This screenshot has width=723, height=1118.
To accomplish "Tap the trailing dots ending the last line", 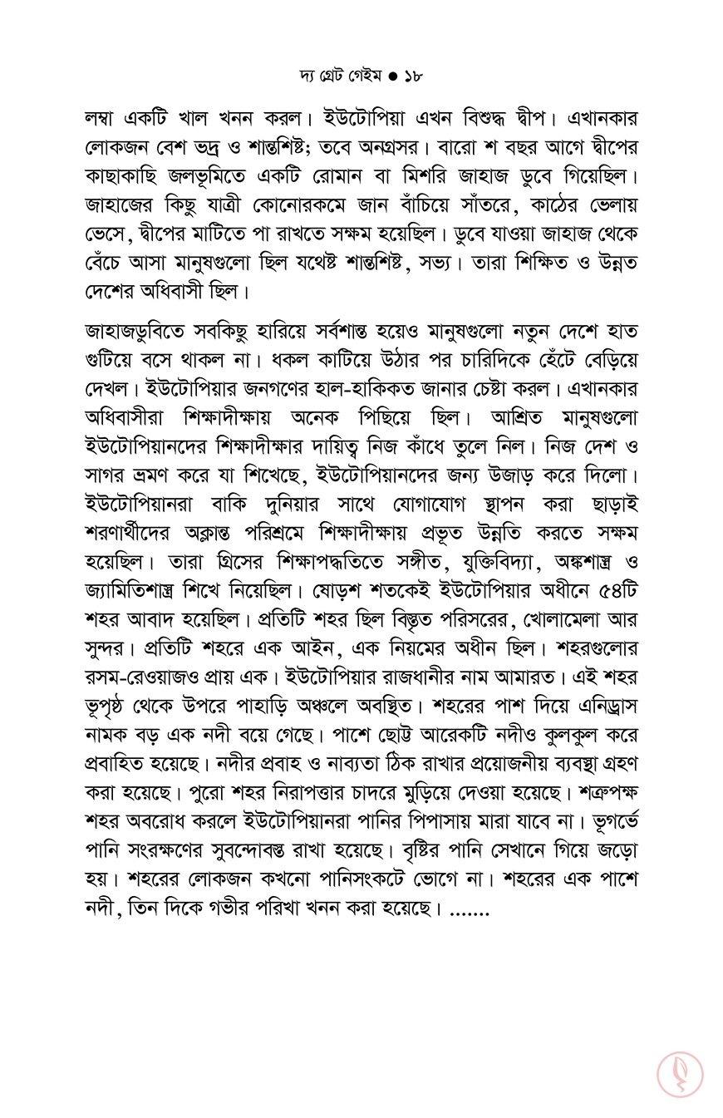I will [469, 911].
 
